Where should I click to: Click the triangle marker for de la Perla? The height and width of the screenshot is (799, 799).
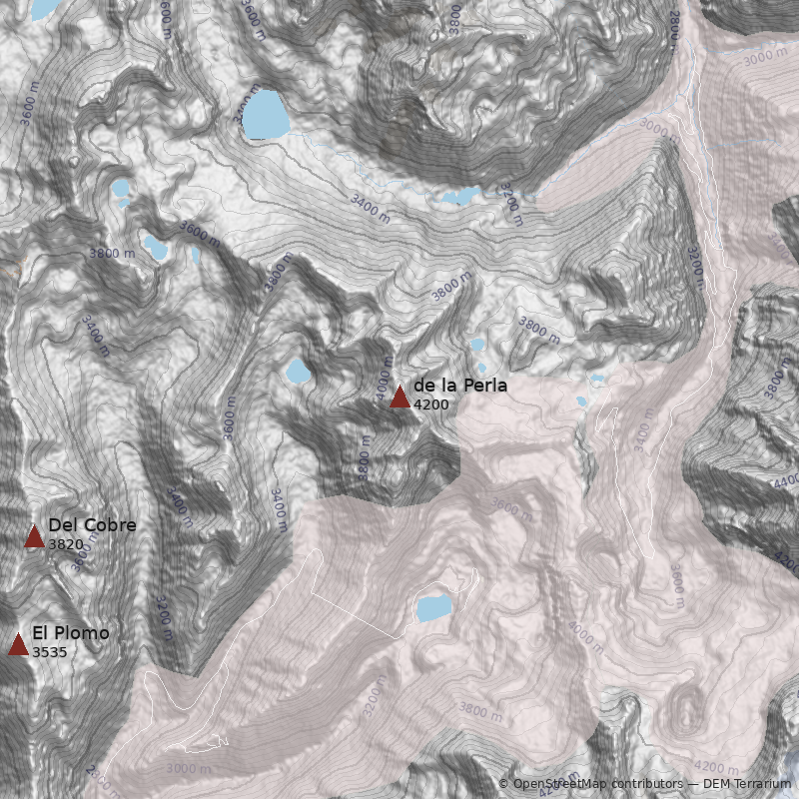(399, 397)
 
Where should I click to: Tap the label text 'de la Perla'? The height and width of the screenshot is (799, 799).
(460, 386)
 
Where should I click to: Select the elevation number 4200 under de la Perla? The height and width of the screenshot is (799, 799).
(430, 404)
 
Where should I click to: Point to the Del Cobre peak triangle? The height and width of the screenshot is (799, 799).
(34, 536)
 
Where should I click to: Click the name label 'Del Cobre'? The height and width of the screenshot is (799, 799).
(92, 525)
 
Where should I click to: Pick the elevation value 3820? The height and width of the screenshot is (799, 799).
(65, 544)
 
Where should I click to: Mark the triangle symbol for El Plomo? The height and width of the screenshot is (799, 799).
(18, 644)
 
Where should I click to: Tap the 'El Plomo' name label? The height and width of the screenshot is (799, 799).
(71, 633)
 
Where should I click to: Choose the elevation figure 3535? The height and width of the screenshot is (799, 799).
(49, 652)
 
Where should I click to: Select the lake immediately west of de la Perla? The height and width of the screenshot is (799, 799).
(297, 373)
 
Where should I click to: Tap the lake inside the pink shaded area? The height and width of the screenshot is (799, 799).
(433, 607)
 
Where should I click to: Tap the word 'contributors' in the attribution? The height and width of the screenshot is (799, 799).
(647, 784)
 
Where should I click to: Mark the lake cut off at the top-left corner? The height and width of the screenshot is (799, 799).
(44, 9)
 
